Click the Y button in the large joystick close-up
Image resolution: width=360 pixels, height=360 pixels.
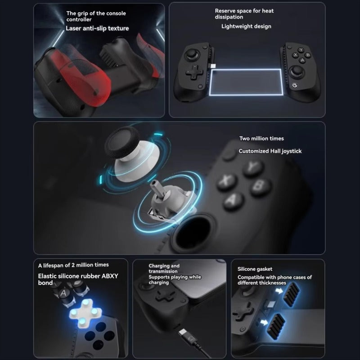click(253, 168)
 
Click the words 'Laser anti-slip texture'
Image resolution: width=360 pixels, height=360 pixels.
click(97, 28)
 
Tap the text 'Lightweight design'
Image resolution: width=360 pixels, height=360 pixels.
click(246, 26)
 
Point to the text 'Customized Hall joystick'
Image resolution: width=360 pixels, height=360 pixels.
click(270, 151)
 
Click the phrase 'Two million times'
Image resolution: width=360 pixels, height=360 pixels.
click(261, 139)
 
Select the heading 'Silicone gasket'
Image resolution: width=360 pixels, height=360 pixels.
click(255, 269)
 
